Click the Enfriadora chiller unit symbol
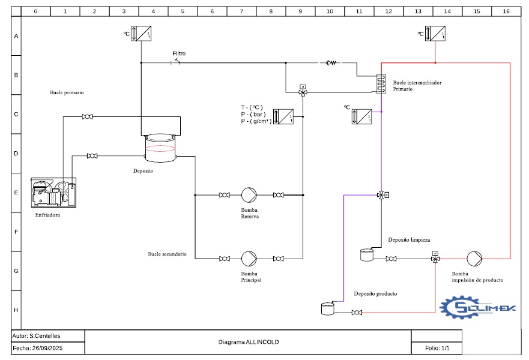click(x=53, y=193)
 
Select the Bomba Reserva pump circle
click(x=249, y=195)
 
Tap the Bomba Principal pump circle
click(x=249, y=259)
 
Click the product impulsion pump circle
click(x=474, y=259)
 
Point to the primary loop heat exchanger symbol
click(x=381, y=83)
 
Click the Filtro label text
click(x=179, y=53)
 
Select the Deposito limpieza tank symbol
click(x=367, y=255)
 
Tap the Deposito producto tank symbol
click(x=328, y=309)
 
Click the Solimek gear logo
click(x=478, y=307)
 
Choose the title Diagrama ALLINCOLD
click(x=249, y=342)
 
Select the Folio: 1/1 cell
click(x=437, y=348)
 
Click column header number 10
click(x=330, y=11)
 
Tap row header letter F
click(x=16, y=232)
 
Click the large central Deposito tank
click(x=160, y=148)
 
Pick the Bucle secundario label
click(x=167, y=254)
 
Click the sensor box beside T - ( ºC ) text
click(x=283, y=116)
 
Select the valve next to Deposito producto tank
click(x=357, y=313)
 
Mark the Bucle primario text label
click(x=67, y=92)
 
